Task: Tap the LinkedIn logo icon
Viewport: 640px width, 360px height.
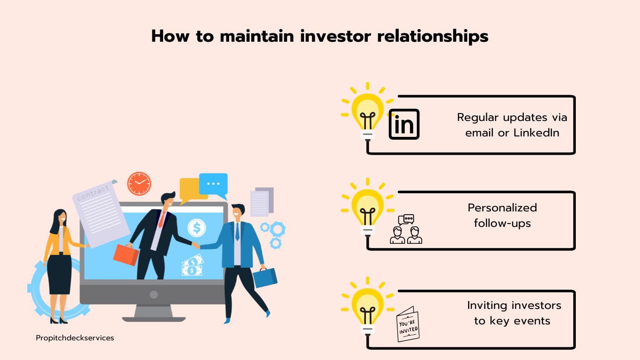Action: (x=404, y=124)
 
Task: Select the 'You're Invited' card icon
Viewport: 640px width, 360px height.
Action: (x=408, y=324)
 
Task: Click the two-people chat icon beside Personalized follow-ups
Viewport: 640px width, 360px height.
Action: (x=406, y=229)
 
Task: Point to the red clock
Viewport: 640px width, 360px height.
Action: (x=139, y=184)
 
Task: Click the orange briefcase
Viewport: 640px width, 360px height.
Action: (x=126, y=255)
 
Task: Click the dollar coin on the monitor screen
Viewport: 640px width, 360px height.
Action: (x=197, y=228)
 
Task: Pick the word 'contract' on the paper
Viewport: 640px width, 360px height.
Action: (x=93, y=193)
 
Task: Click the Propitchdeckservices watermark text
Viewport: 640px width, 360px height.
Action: (x=75, y=337)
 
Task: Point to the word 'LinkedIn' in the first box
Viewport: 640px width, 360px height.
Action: (x=536, y=133)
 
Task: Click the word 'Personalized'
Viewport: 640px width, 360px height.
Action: (x=502, y=208)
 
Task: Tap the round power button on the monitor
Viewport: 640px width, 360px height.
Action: (x=154, y=294)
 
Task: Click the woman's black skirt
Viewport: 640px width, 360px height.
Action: (x=60, y=274)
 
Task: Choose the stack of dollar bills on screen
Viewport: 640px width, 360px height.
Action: (x=192, y=266)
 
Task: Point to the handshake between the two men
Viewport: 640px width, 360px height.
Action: (x=196, y=245)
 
